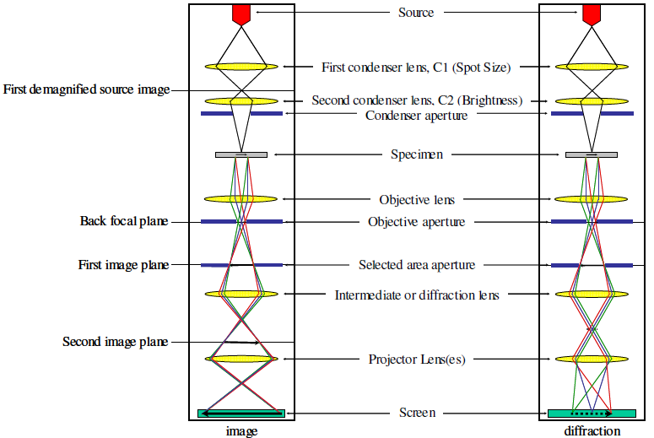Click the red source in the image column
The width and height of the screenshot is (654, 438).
tap(241, 14)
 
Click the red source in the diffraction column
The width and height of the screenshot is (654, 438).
tap(591, 14)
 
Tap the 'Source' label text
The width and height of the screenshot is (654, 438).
tap(416, 13)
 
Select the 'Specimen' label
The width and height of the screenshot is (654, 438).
tap(416, 154)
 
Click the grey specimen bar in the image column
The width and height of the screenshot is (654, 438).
tap(241, 154)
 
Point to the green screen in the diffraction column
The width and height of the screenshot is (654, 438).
tap(591, 414)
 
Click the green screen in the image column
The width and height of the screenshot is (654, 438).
tap(241, 414)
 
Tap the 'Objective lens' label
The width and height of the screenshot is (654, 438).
tap(416, 200)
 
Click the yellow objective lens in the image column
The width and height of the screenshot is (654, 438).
tap(241, 199)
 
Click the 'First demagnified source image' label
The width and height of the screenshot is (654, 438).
tap(86, 89)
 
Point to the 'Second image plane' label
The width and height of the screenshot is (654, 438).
tap(115, 342)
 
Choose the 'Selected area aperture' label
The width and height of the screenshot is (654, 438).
tap(416, 265)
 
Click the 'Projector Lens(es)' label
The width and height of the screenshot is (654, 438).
tap(416, 360)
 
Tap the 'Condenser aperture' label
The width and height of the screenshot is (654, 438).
tap(416, 115)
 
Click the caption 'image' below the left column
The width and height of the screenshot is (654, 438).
tap(241, 430)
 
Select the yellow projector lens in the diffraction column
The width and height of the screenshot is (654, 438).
tap(591, 359)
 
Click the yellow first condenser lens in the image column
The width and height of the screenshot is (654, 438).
tap(241, 66)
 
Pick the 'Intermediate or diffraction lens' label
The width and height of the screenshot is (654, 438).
tap(416, 295)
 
